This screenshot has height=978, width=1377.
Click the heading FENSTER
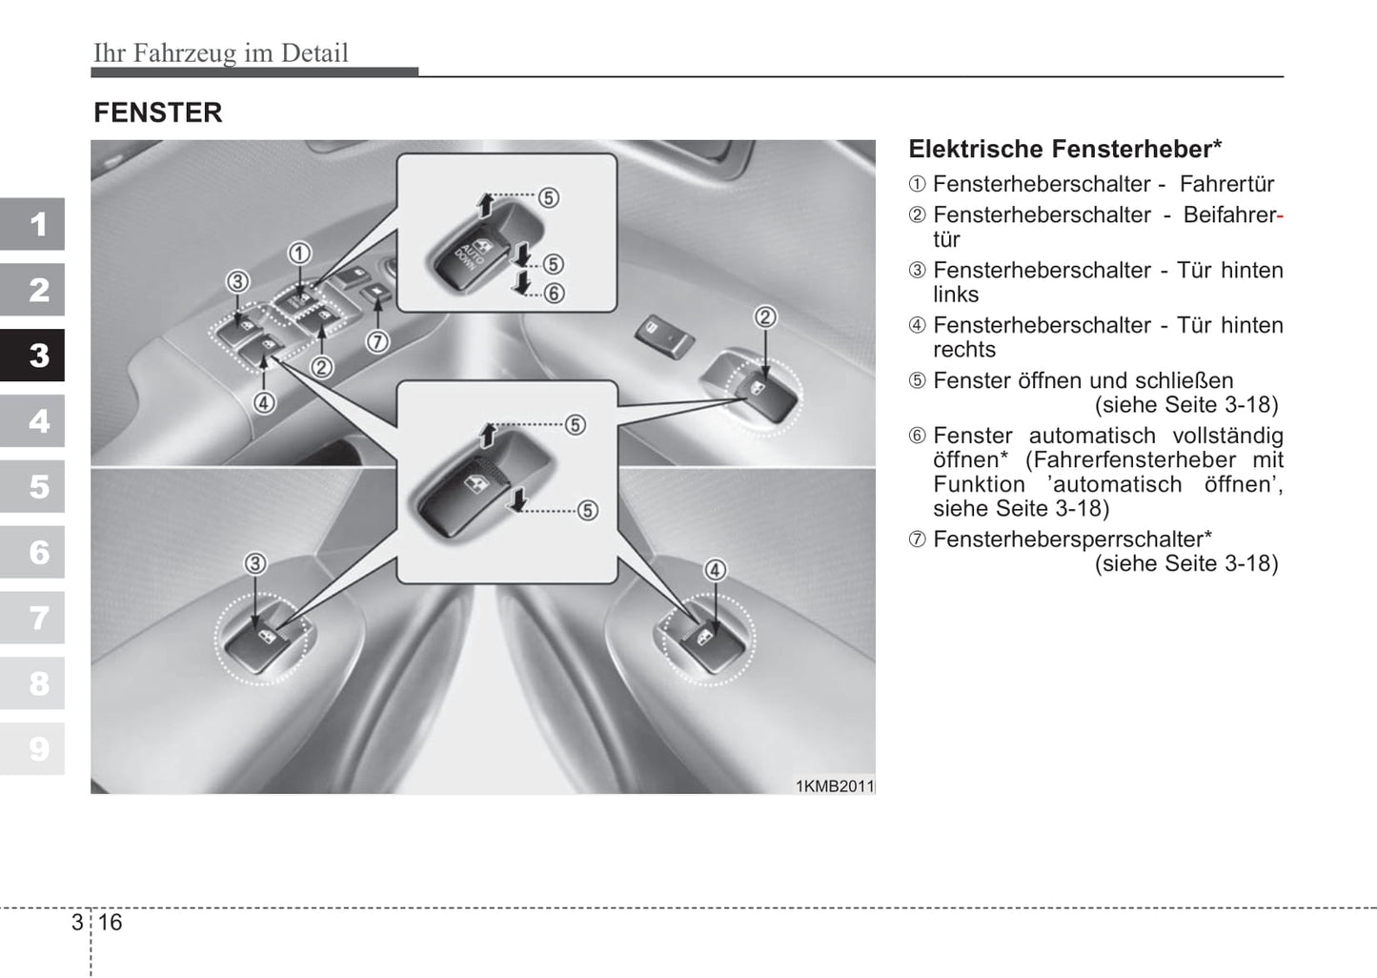click(158, 112)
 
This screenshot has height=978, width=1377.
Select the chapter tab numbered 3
click(33, 356)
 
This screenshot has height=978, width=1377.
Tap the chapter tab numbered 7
click(33, 618)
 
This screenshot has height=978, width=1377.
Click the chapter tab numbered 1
click(33, 225)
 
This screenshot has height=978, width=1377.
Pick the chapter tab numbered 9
click(33, 748)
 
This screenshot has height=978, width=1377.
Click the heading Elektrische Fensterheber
click(1064, 149)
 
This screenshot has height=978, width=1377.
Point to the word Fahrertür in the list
click(1226, 184)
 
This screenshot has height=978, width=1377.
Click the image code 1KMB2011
click(835, 786)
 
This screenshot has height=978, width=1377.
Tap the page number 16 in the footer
click(111, 922)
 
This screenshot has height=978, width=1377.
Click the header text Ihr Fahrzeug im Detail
click(221, 52)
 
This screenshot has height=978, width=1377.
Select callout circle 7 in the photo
click(377, 341)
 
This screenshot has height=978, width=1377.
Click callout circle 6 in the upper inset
click(554, 293)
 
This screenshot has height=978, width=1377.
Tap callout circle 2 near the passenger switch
click(765, 317)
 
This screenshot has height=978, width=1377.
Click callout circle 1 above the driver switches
click(299, 253)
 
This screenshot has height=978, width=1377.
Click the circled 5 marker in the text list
click(917, 381)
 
